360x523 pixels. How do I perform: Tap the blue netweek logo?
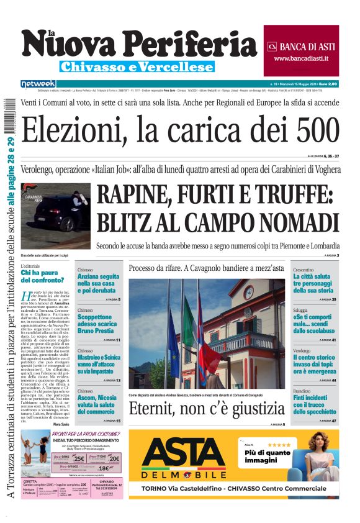tap(38, 83)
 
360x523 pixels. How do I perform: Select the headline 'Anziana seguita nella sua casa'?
tap(98, 283)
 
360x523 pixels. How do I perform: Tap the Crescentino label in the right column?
tap(304, 270)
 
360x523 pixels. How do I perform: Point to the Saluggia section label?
tap(302, 309)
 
